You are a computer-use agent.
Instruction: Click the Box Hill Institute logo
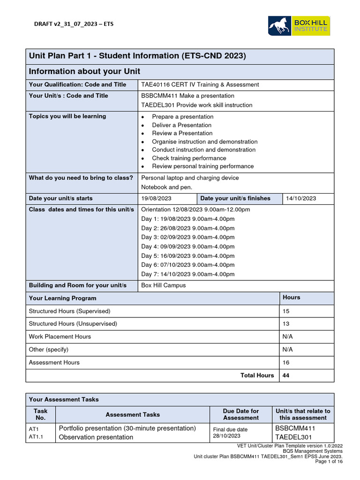[x=299, y=25]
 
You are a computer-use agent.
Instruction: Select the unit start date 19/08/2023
[x=157, y=198]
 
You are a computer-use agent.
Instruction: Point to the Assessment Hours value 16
[x=286, y=362]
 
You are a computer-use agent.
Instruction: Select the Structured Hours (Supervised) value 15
[x=286, y=311]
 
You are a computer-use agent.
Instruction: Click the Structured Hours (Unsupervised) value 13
[x=286, y=323]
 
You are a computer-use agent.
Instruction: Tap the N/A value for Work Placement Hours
[x=287, y=337]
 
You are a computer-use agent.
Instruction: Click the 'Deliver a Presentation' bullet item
[x=181, y=125]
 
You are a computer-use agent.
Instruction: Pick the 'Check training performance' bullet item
[x=189, y=158]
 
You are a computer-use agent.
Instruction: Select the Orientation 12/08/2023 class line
[x=195, y=210]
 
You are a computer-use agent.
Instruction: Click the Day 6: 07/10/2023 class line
[x=187, y=265]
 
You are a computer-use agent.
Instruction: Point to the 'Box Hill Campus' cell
[x=163, y=285]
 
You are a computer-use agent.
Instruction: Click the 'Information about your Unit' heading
[x=84, y=71]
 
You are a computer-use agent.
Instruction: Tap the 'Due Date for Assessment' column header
[x=241, y=414]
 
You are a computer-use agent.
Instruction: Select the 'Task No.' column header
[x=41, y=414]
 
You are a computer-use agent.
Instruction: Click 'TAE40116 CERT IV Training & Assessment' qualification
[x=200, y=84]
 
